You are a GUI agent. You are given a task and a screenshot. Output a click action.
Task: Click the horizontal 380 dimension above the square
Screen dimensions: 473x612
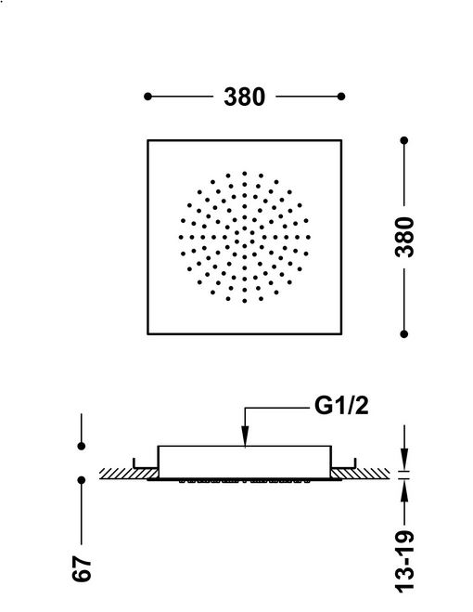click(244, 97)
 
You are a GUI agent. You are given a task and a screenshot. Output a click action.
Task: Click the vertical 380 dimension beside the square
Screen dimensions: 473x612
click(404, 237)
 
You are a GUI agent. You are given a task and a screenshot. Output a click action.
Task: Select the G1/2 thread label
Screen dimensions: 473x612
click(341, 407)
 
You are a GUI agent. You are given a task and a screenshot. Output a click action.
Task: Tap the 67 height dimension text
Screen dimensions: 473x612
click(82, 568)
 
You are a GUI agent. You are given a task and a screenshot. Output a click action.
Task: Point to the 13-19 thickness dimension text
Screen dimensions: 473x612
click(404, 561)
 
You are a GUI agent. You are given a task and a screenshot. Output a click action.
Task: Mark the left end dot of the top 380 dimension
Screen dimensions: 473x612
click(147, 97)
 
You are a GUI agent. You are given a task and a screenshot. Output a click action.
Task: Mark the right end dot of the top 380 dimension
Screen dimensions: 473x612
click(341, 97)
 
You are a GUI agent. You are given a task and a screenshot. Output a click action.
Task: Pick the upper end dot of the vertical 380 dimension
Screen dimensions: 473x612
click(404, 140)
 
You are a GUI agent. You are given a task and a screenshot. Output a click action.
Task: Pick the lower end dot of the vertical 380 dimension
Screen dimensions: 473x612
click(404, 334)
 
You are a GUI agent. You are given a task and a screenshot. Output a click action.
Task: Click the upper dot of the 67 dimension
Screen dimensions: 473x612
click(82, 446)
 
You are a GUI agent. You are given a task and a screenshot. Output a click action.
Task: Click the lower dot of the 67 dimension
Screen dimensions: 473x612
click(82, 480)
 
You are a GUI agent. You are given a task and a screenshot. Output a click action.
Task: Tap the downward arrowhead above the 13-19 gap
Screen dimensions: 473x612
click(404, 460)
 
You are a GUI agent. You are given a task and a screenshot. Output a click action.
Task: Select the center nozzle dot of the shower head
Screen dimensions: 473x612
click(245, 238)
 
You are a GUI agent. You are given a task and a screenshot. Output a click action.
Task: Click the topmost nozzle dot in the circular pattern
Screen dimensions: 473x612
click(245, 173)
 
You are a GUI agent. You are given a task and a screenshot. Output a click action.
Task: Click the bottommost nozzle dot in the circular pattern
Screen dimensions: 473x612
click(245, 301)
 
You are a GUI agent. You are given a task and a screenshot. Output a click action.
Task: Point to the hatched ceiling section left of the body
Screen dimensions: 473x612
click(129, 474)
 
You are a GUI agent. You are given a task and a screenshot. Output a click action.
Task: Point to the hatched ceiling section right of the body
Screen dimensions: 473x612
click(360, 474)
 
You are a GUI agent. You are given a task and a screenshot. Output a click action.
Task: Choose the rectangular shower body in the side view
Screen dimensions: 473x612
click(245, 462)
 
